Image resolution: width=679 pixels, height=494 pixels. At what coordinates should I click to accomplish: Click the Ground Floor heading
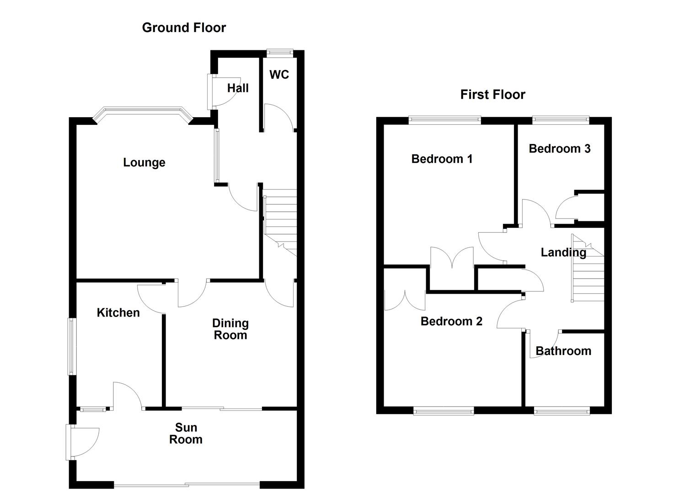point(184,27)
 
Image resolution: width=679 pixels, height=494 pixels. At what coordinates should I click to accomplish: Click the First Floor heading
point(492,95)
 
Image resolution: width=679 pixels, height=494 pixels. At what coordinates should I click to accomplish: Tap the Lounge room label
point(144,162)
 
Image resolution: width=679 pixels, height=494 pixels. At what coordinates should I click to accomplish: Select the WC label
point(279,75)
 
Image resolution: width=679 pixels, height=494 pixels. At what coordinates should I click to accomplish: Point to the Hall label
point(238,88)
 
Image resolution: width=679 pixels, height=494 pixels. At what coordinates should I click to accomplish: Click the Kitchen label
point(118,312)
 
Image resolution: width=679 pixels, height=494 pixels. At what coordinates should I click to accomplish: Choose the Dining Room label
point(230,329)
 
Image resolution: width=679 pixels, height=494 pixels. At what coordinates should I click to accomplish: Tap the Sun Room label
point(186,434)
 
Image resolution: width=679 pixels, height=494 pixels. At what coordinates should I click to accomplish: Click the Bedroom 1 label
point(442,159)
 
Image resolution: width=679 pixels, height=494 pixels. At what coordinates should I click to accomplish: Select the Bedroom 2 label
point(451,321)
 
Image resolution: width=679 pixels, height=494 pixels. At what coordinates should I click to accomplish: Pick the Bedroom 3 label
point(560,148)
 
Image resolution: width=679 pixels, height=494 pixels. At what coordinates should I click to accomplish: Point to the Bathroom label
point(563,351)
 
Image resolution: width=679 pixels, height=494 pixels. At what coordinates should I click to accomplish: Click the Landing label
point(563,252)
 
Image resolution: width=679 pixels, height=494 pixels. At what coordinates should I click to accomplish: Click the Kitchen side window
point(72,346)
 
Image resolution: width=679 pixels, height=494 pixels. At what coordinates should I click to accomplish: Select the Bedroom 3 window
point(561,120)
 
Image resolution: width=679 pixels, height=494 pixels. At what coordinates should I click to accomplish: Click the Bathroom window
point(562,411)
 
